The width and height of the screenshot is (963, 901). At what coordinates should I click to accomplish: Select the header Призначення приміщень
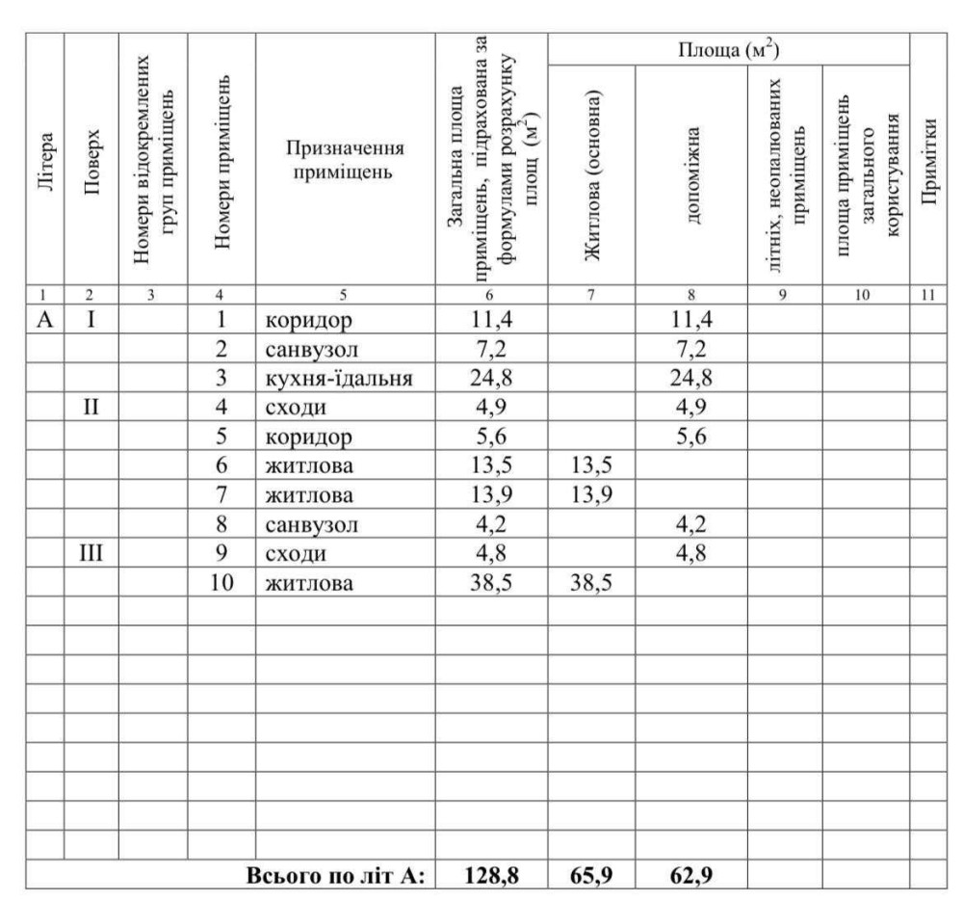coord(343,162)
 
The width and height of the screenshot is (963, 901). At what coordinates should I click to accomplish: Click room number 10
coord(221,583)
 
